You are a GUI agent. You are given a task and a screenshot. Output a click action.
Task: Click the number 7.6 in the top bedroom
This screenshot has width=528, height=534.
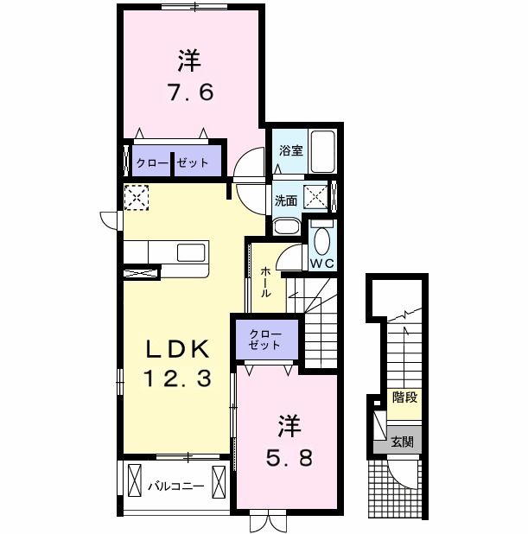[189, 91]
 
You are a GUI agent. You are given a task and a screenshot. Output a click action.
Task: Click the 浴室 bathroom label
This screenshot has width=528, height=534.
[290, 150]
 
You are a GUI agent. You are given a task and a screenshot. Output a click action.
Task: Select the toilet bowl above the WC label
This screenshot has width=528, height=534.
[321, 238]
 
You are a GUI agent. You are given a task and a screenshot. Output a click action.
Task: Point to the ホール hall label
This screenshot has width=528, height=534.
[264, 282]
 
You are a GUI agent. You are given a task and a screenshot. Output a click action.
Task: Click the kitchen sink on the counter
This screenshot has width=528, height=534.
[191, 252]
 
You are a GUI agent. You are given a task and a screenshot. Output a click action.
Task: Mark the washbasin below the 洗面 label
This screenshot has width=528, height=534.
[286, 226]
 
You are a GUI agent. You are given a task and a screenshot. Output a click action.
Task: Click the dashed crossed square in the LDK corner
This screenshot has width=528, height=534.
[136, 197]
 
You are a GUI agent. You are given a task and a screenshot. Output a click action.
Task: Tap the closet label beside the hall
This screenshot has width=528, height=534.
[264, 340]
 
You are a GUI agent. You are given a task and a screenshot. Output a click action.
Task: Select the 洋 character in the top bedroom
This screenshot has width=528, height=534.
[189, 60]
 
